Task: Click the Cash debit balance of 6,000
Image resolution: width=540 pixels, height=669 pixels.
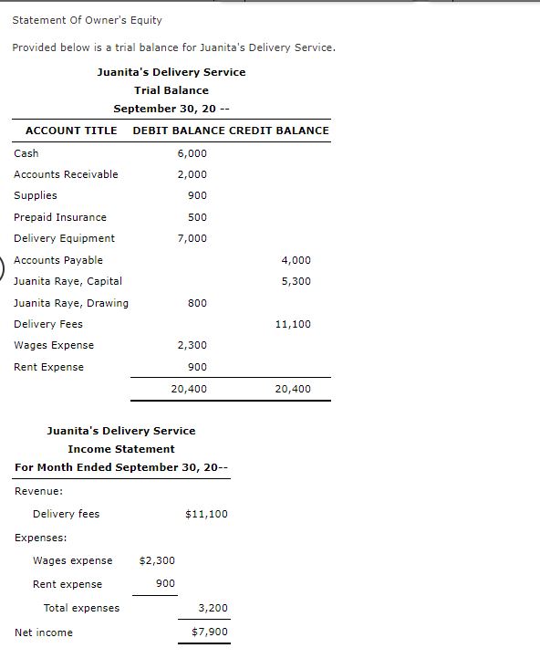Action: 192,153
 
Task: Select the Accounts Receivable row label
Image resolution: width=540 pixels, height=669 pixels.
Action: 66,174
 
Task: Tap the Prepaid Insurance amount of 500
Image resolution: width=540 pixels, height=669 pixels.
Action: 197,217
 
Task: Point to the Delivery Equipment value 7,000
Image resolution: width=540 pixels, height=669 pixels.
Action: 192,238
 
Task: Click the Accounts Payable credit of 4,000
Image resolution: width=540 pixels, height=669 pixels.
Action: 296,260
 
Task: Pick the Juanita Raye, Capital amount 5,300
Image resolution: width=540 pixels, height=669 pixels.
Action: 296,281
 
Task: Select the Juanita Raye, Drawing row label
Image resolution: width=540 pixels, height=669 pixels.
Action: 71,303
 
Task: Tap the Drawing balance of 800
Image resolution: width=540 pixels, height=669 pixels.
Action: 197,303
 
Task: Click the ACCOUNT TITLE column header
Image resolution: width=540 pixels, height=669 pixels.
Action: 71,131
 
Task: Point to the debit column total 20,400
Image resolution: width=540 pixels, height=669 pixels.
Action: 189,389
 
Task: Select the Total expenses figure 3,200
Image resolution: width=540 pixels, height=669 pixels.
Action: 213,608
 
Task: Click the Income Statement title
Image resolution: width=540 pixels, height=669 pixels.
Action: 120,449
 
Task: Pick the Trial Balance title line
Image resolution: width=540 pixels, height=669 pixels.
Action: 171,90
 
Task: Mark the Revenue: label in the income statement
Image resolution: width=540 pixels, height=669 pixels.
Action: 39,491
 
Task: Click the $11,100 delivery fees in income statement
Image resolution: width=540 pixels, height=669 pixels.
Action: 206,514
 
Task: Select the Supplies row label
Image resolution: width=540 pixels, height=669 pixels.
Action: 36,195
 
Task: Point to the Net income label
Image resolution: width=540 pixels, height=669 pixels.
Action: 44,632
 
